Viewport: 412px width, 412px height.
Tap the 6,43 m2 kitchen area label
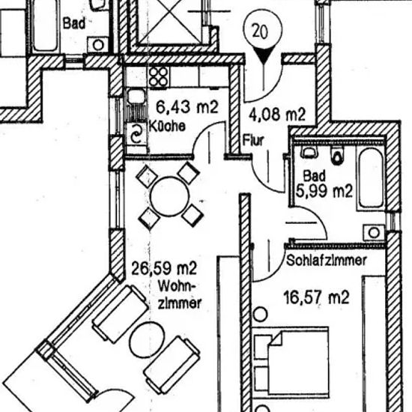point(187,107)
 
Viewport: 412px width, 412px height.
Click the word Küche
point(167,127)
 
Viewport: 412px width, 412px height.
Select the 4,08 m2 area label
point(277,115)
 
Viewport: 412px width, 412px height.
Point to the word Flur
point(253,140)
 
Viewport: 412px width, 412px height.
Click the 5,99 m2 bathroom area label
point(324,191)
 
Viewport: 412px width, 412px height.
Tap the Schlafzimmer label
point(327,261)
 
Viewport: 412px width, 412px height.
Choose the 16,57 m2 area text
point(317,297)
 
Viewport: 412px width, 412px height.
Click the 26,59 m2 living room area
point(164,268)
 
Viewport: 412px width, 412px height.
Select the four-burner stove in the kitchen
point(159,76)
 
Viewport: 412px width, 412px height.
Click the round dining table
point(170,196)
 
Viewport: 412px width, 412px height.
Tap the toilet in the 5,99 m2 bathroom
point(337,156)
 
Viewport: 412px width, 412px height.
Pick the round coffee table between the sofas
point(147,339)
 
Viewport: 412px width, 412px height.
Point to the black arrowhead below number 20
point(264,55)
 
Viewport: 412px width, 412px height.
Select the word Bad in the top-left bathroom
point(74,23)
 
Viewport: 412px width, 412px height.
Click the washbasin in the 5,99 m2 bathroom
point(374,232)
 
